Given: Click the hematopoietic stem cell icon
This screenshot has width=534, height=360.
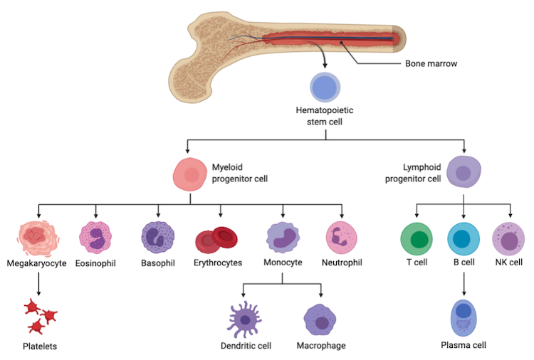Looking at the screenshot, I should pyautogui.click(x=325, y=88).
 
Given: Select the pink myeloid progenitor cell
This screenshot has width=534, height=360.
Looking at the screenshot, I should pyautogui.click(x=190, y=175).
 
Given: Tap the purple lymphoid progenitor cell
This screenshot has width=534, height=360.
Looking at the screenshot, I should pyautogui.click(x=464, y=174).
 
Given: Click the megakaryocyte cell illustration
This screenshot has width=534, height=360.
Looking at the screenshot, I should pyautogui.click(x=38, y=238).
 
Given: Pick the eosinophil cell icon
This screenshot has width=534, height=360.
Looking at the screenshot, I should pyautogui.click(x=95, y=238).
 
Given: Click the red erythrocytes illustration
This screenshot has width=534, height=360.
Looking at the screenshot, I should pyautogui.click(x=216, y=240).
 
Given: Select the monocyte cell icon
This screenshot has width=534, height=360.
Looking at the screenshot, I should pyautogui.click(x=283, y=238).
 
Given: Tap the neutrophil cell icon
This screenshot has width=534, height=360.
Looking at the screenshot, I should pyautogui.click(x=342, y=238).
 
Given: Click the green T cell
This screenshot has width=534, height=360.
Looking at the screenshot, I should pyautogui.click(x=417, y=238).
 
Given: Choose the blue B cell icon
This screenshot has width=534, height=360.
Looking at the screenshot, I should pyautogui.click(x=464, y=238).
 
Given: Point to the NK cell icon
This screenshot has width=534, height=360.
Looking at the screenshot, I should pyautogui.click(x=508, y=238).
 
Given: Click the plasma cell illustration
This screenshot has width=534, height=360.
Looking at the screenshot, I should pyautogui.click(x=464, y=317).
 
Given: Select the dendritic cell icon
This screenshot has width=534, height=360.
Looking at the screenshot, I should pyautogui.click(x=244, y=320).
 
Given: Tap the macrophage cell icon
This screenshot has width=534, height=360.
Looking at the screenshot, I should pyautogui.click(x=320, y=320).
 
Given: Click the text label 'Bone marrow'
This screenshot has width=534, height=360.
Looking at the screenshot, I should pyautogui.click(x=431, y=64).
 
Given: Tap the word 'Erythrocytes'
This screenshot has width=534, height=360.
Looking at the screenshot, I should pyautogui.click(x=218, y=263).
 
